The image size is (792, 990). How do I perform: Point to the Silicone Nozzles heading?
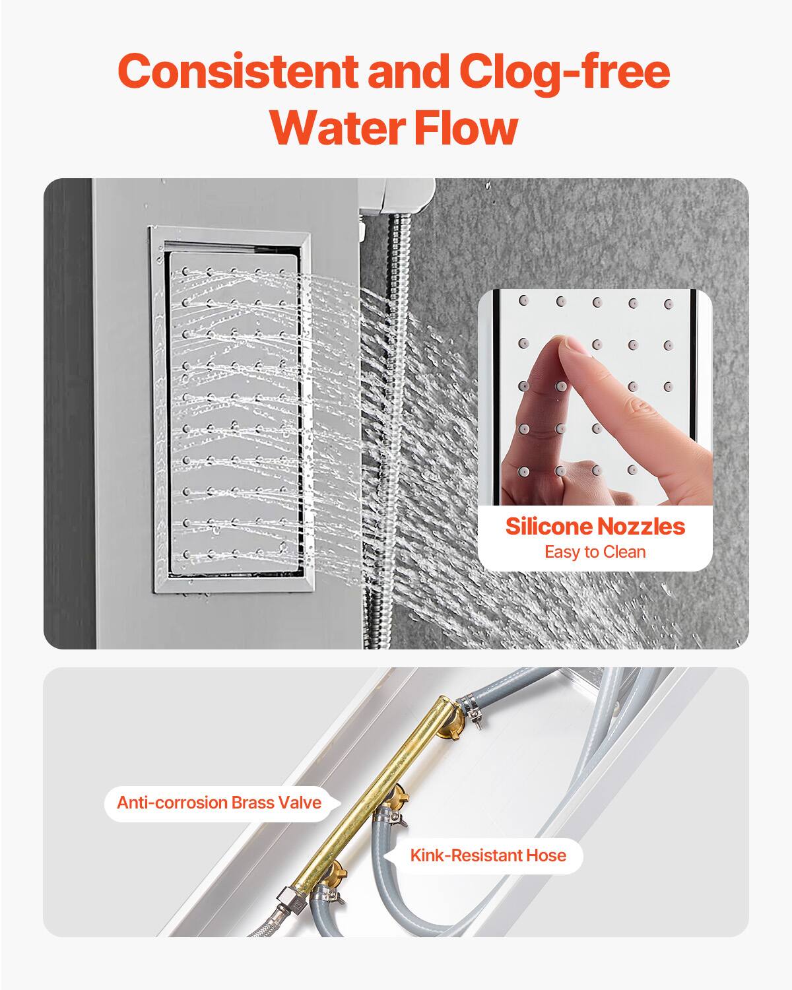point(595,527)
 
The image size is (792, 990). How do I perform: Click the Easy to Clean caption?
point(595,552)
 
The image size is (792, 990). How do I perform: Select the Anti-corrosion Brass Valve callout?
point(218,803)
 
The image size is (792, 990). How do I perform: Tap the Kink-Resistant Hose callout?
point(488,856)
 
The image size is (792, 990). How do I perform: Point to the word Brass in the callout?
point(257,803)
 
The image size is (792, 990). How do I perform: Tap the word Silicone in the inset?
point(548,527)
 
